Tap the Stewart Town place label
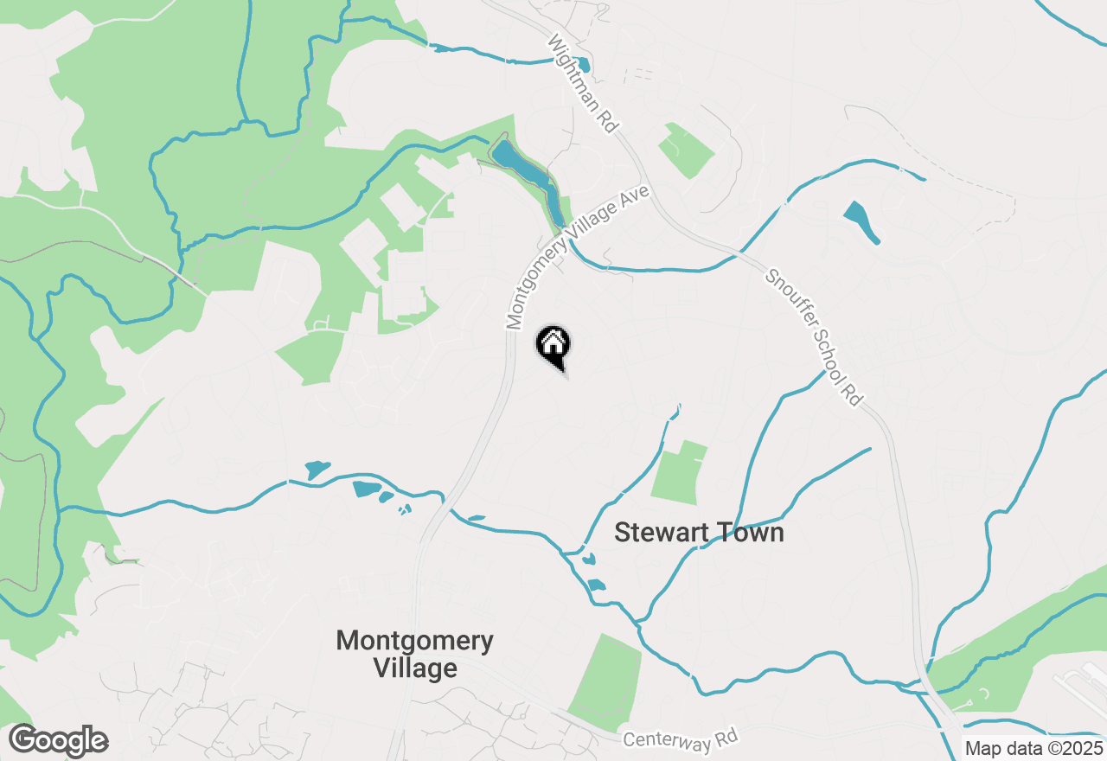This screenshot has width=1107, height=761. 699,532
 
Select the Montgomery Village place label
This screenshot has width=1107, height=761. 415,655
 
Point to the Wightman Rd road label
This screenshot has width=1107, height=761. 585,84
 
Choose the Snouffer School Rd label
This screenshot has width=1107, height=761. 813,337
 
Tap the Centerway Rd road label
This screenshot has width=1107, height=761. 681,739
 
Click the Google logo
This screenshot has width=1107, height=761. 59,741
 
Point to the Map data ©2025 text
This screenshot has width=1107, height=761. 1034,749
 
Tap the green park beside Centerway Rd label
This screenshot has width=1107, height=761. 607,679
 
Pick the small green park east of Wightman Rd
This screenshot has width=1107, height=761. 686,149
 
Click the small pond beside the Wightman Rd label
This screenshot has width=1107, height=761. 583,64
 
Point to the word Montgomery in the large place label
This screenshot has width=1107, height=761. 415,641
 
